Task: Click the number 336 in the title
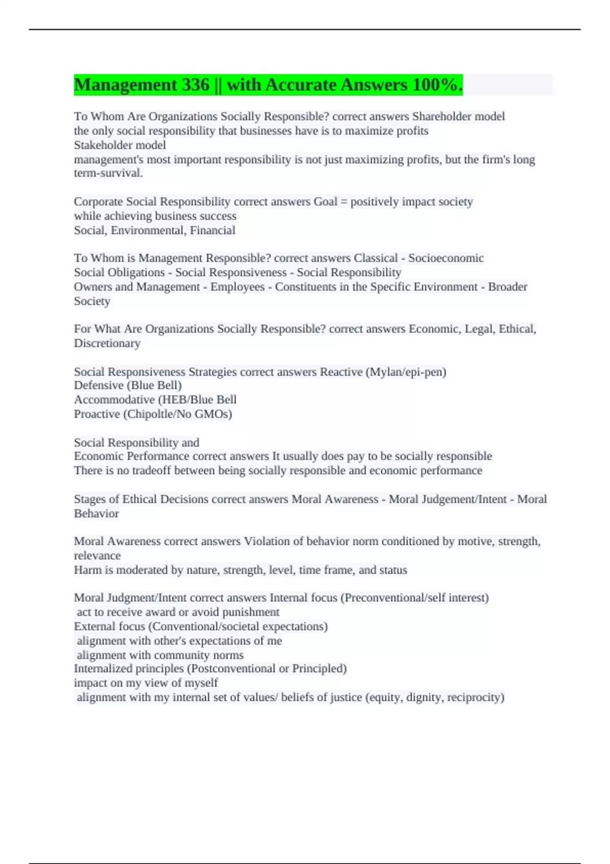click(x=195, y=85)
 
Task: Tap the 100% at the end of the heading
click(x=437, y=85)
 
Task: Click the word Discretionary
click(x=107, y=344)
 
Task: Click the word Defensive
click(x=99, y=385)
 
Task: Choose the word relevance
click(x=98, y=556)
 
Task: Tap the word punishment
click(x=251, y=612)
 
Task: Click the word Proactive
click(x=97, y=414)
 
